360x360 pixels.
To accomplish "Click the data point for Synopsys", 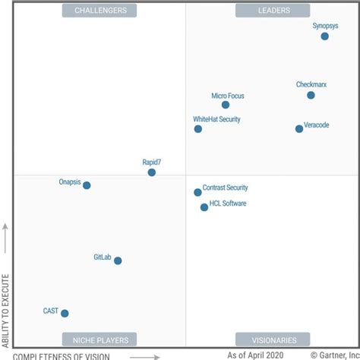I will (325, 36).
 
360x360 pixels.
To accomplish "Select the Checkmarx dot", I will (311, 95).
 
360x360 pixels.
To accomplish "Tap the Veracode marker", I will (299, 129).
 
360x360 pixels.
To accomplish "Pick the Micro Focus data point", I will (226, 105).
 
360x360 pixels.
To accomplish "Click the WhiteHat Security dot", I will (198, 129).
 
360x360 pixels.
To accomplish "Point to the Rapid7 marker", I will (152, 172).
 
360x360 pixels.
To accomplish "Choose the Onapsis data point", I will (87, 185).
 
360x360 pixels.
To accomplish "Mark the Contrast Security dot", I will (197, 193).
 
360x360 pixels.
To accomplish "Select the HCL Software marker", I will (204, 207).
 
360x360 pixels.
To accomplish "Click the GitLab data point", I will (118, 261).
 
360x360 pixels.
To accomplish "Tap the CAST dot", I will (65, 313).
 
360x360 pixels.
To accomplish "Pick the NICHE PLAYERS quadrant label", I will (100, 339).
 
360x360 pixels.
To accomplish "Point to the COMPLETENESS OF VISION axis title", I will (62, 355).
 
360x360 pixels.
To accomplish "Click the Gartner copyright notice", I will (334, 355).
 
